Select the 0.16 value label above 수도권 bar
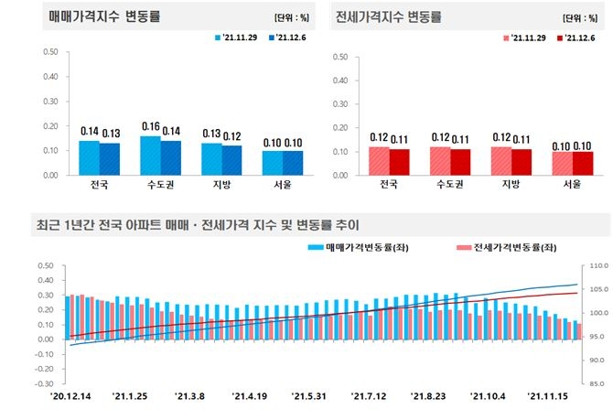150,126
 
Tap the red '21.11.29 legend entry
522,38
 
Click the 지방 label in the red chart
501,185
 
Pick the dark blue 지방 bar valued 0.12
231,159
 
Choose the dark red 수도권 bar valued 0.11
459,161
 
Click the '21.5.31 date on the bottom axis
308,397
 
